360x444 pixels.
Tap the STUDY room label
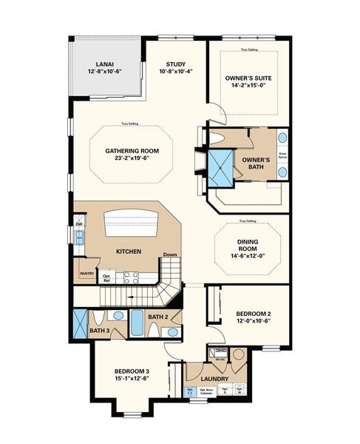[176, 64]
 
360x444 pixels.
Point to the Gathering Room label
[132, 150]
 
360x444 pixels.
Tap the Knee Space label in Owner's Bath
[282, 156]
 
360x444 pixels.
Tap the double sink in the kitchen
[79, 238]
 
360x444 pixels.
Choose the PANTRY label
[85, 273]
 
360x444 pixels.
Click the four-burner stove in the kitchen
[131, 278]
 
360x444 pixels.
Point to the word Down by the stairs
[170, 255]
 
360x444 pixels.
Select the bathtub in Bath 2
[139, 323]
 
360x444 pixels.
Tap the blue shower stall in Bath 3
[80, 323]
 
